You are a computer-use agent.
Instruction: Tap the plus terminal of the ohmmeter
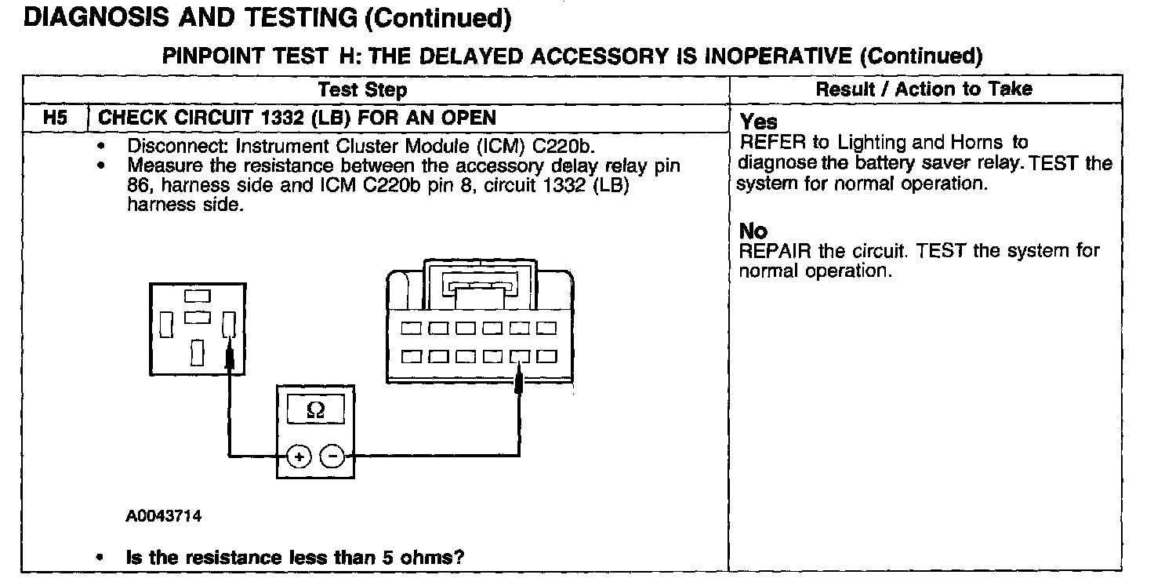pyautogui.click(x=299, y=456)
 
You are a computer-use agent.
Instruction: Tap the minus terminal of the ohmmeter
pyautogui.click(x=332, y=456)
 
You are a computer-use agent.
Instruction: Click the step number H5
pyautogui.click(x=55, y=118)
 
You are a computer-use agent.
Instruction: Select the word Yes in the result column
pyautogui.click(x=759, y=122)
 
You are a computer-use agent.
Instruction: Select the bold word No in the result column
pyautogui.click(x=753, y=231)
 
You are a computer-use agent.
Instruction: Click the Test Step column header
pyautogui.click(x=363, y=89)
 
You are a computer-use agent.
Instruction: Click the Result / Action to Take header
pyautogui.click(x=924, y=89)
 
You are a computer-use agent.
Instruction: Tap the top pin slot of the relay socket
pyautogui.click(x=197, y=296)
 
